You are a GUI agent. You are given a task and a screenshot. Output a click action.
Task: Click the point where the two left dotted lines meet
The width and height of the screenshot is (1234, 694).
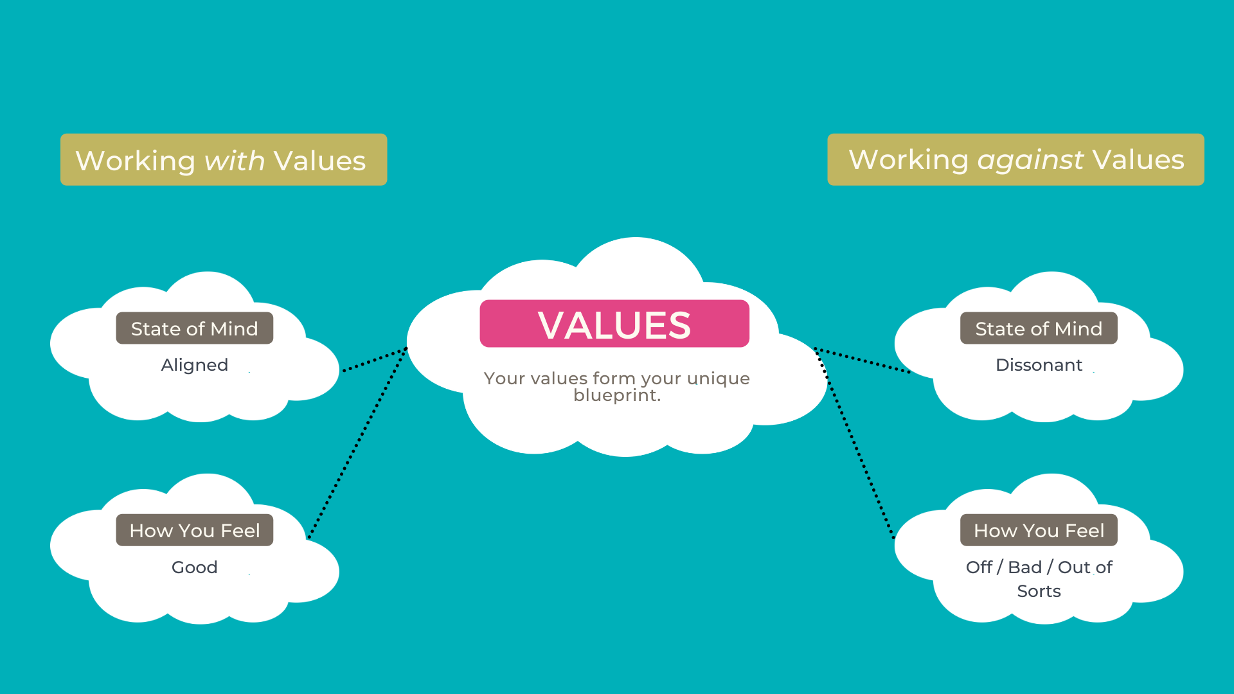tap(406, 349)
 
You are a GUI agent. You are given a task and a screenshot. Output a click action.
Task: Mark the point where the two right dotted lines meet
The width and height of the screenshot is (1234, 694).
tap(816, 349)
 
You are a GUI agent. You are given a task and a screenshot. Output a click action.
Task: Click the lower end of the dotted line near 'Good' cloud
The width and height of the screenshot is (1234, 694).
tap(309, 537)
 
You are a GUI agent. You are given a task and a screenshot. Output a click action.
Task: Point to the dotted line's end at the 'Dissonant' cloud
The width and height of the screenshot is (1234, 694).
tap(909, 372)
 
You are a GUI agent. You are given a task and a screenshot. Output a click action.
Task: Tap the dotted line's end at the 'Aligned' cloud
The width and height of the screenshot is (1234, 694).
tap(344, 371)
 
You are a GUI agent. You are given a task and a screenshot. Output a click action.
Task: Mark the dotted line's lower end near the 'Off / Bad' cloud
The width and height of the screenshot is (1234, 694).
tap(893, 537)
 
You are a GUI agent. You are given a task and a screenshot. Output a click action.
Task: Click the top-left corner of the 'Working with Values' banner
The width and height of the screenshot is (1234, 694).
tap(61, 134)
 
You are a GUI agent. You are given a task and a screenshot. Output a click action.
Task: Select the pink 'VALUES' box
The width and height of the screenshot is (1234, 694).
tap(614, 324)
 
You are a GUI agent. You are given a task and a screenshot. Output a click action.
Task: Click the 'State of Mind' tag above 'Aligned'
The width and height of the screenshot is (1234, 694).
tap(195, 328)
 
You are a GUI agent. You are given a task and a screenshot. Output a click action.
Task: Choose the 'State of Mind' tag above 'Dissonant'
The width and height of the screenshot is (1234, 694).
tap(1039, 328)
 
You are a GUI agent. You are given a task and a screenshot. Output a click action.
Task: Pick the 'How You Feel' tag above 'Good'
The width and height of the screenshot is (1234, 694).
tap(195, 530)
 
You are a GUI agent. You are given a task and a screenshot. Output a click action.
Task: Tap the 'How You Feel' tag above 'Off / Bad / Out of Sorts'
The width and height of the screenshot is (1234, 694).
tap(1039, 530)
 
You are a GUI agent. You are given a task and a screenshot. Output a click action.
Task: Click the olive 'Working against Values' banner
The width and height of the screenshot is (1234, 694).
tap(1015, 160)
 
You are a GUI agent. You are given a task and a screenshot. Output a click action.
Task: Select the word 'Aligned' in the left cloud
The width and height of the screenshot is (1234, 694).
tap(195, 365)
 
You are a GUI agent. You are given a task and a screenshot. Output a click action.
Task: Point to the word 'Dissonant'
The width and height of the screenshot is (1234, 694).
tap(1039, 365)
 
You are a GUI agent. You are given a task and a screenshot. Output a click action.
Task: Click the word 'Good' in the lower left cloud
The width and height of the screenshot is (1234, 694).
tap(195, 567)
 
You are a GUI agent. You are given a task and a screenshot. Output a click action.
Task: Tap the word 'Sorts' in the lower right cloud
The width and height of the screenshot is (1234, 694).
tap(1039, 591)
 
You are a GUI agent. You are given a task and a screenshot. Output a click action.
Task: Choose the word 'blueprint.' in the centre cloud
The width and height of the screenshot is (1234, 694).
tap(617, 395)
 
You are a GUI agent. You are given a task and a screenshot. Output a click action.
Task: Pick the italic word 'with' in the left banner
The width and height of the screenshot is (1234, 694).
tap(235, 161)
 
